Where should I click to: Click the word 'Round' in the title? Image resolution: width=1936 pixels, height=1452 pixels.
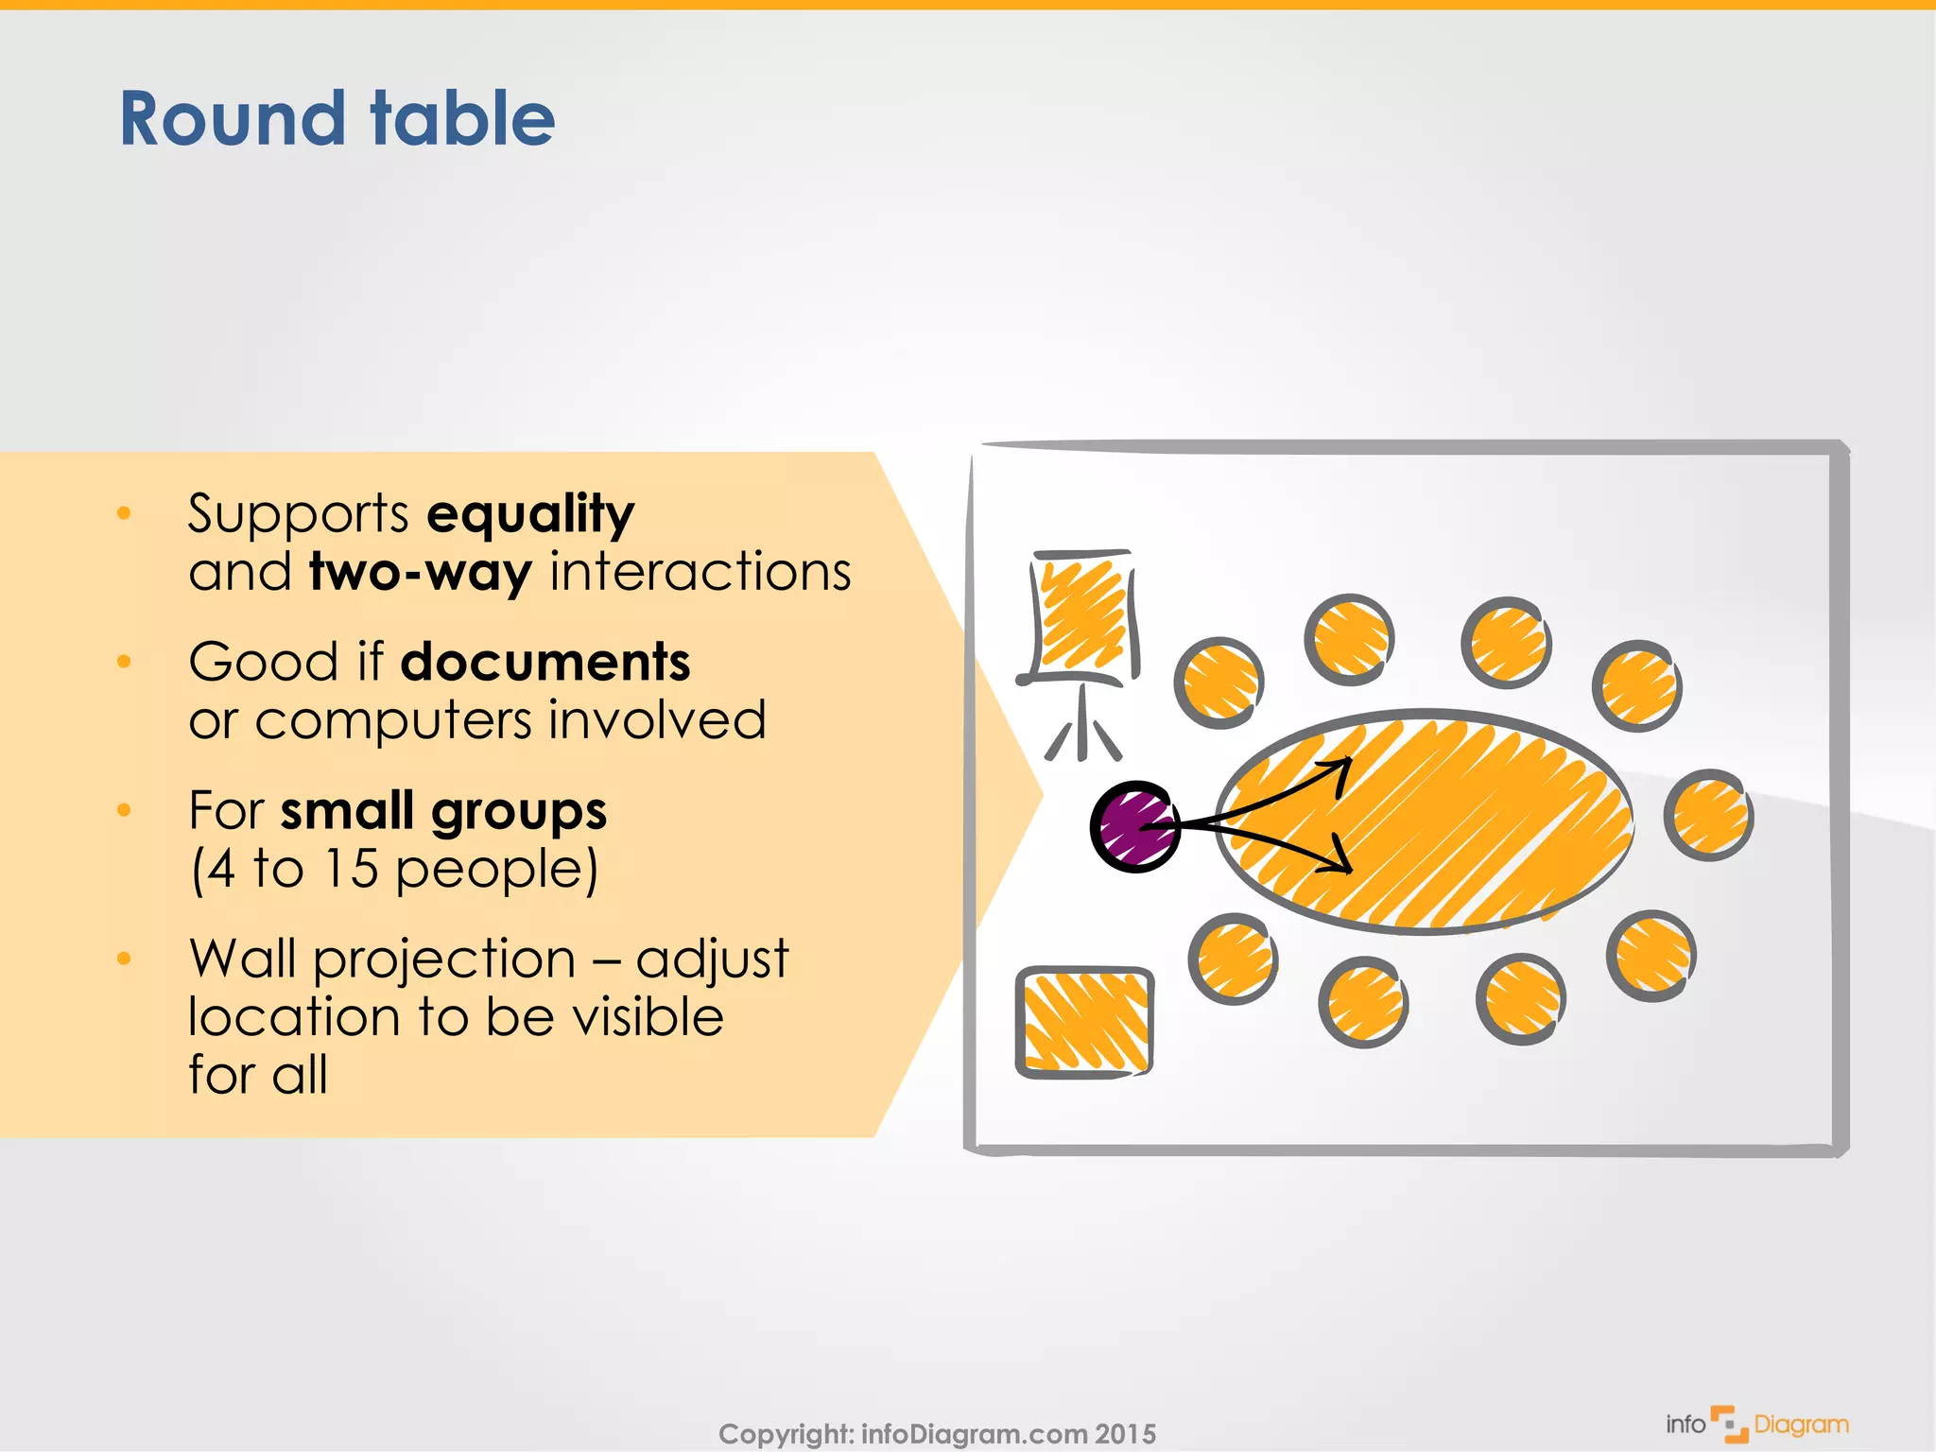[233, 119]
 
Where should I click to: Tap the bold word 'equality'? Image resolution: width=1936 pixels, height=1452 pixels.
[530, 514]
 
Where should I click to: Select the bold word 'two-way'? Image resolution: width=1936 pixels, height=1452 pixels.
[421, 573]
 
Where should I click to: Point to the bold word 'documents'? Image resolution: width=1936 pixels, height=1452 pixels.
[545, 662]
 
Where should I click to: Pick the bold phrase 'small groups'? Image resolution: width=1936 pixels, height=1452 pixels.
[443, 811]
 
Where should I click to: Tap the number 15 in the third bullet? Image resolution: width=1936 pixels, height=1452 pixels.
[351, 869]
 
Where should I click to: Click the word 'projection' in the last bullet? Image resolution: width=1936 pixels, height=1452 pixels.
[444, 959]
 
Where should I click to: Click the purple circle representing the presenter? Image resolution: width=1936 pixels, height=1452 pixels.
[1134, 826]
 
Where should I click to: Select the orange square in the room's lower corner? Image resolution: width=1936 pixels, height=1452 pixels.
[1084, 1022]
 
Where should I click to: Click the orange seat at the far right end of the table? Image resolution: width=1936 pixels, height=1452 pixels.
[1708, 814]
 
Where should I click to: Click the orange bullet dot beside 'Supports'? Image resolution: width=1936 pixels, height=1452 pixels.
[124, 513]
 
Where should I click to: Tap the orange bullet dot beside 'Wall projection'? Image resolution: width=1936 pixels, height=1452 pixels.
[124, 959]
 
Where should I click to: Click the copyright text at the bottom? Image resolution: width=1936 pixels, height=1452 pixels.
[937, 1433]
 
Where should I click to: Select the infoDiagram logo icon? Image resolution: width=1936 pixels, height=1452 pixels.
[1729, 1424]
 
